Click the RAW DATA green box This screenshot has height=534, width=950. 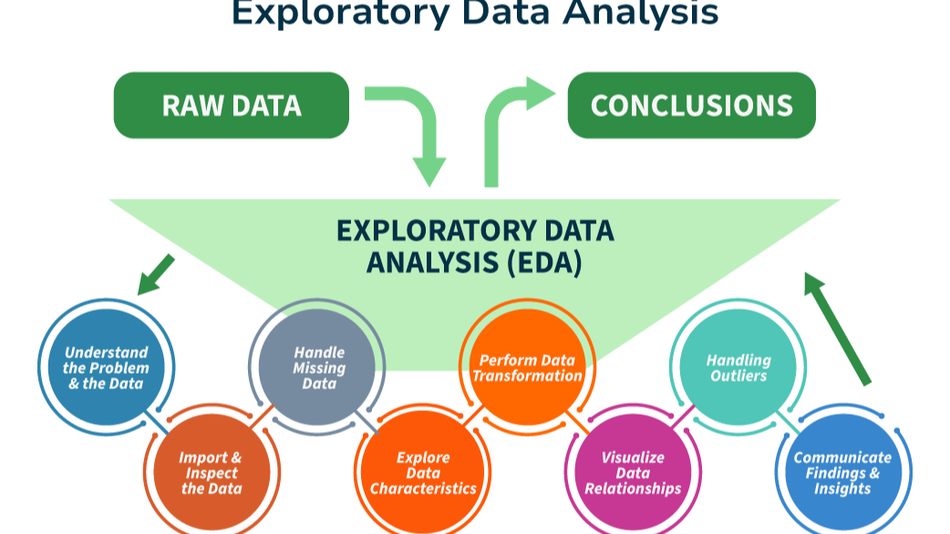pyautogui.click(x=231, y=106)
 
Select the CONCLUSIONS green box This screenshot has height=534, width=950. pyautogui.click(x=691, y=106)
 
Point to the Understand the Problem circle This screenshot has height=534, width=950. pyautogui.click(x=106, y=367)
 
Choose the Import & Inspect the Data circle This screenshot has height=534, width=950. pyautogui.click(x=211, y=473)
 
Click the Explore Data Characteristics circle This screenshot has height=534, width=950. pyautogui.click(x=422, y=473)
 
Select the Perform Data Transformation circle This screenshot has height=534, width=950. pyautogui.click(x=527, y=367)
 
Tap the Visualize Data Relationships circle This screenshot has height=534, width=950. pyautogui.click(x=633, y=473)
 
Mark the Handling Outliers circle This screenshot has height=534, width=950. pyautogui.click(x=738, y=367)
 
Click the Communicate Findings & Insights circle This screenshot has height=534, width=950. pyautogui.click(x=843, y=473)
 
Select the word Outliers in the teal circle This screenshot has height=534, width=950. pyautogui.click(x=738, y=375)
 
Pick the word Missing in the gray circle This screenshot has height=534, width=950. pyautogui.click(x=319, y=368)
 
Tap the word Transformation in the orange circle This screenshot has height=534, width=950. pyautogui.click(x=527, y=375)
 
